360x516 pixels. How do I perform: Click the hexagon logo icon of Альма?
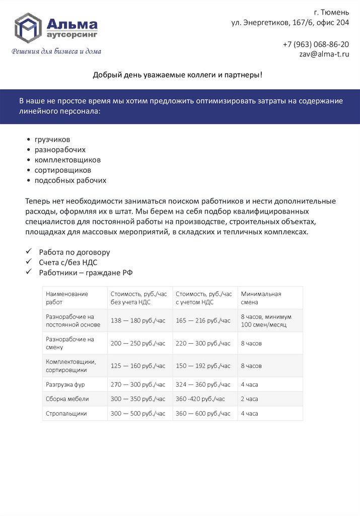click(x=28, y=28)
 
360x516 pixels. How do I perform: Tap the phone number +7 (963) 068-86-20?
click(x=316, y=44)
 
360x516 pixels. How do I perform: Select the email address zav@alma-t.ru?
click(x=324, y=54)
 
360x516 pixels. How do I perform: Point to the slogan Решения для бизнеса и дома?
click(x=56, y=51)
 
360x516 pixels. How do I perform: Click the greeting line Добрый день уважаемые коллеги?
click(x=177, y=75)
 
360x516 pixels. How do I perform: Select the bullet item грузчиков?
click(x=52, y=139)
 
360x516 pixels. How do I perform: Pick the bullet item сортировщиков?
click(x=63, y=170)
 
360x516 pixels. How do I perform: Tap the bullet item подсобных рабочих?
click(x=70, y=180)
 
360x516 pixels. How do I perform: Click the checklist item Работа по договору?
click(x=75, y=252)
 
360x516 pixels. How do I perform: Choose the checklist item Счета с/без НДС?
click(x=68, y=262)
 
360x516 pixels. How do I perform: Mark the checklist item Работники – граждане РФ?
click(x=86, y=273)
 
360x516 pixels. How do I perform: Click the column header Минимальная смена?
click(x=261, y=298)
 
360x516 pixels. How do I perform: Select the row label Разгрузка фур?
click(x=66, y=384)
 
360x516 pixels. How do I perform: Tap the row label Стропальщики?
click(x=66, y=413)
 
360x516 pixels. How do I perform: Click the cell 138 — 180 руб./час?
click(x=138, y=320)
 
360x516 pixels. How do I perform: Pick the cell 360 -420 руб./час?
click(x=200, y=399)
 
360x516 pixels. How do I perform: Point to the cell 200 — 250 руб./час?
click(x=138, y=343)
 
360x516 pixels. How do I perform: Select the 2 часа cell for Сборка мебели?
click(x=249, y=399)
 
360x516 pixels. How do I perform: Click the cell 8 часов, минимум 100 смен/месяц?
click(x=266, y=320)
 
